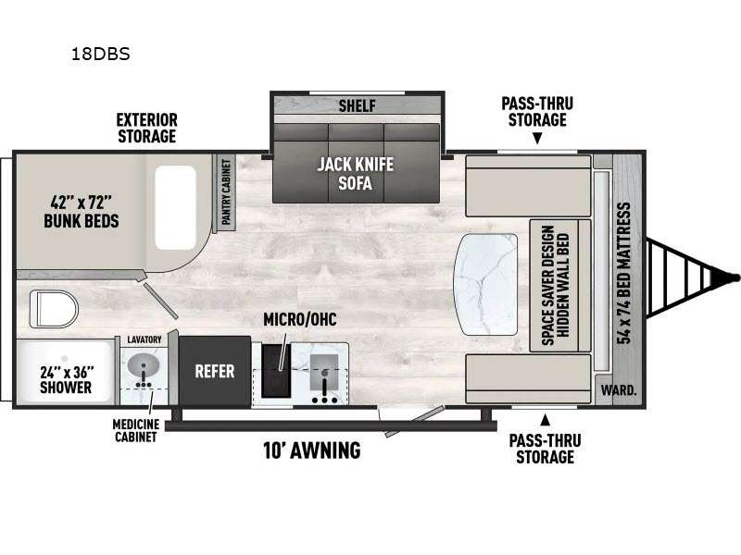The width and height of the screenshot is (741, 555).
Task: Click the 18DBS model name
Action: pos(101,55)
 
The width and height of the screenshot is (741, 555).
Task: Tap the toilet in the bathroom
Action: pos(54,309)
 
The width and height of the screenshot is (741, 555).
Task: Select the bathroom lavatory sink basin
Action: pos(144,365)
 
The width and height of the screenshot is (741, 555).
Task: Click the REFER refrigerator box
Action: pos(215,372)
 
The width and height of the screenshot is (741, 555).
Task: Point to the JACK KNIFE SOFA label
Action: pos(356,174)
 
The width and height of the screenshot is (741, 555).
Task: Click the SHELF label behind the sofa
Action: pos(357,105)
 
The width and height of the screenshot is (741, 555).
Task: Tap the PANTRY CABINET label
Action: pos(226,192)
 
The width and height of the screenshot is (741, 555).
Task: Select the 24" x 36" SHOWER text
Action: pos(66,379)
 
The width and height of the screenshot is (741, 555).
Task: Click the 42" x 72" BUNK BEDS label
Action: pos(82,213)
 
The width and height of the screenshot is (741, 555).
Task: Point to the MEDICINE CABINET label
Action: pos(135,430)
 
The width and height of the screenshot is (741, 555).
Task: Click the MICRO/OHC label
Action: pos(299,319)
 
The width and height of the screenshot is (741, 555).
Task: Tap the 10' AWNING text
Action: pos(312,450)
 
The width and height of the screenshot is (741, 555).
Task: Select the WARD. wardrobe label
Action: pos(619,390)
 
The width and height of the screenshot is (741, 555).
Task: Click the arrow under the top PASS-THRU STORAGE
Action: pos(537,138)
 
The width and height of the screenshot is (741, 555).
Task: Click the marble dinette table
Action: pos(485,284)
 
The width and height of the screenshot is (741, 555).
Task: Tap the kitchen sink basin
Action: pos(323,372)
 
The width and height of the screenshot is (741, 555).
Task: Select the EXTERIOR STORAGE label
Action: pos(147,128)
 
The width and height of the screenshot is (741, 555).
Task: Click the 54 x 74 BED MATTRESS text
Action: pos(624,273)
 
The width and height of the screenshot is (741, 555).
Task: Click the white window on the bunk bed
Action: pos(175,207)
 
